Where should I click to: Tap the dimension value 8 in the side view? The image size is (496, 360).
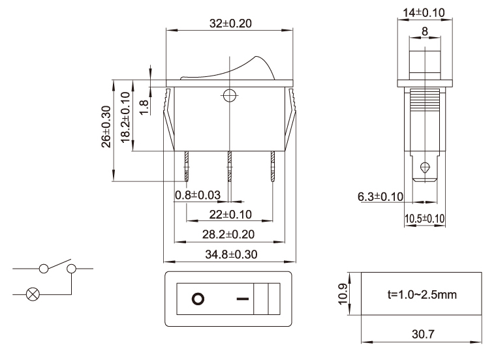pos(425,31)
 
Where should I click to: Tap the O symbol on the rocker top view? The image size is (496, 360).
pos(197,299)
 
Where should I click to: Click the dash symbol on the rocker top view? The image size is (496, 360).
pos(243,299)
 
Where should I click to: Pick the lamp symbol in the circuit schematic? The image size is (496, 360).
pos(31,293)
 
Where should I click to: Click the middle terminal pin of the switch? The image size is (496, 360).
pos(230,166)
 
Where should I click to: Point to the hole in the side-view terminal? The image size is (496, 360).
pos(426,167)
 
